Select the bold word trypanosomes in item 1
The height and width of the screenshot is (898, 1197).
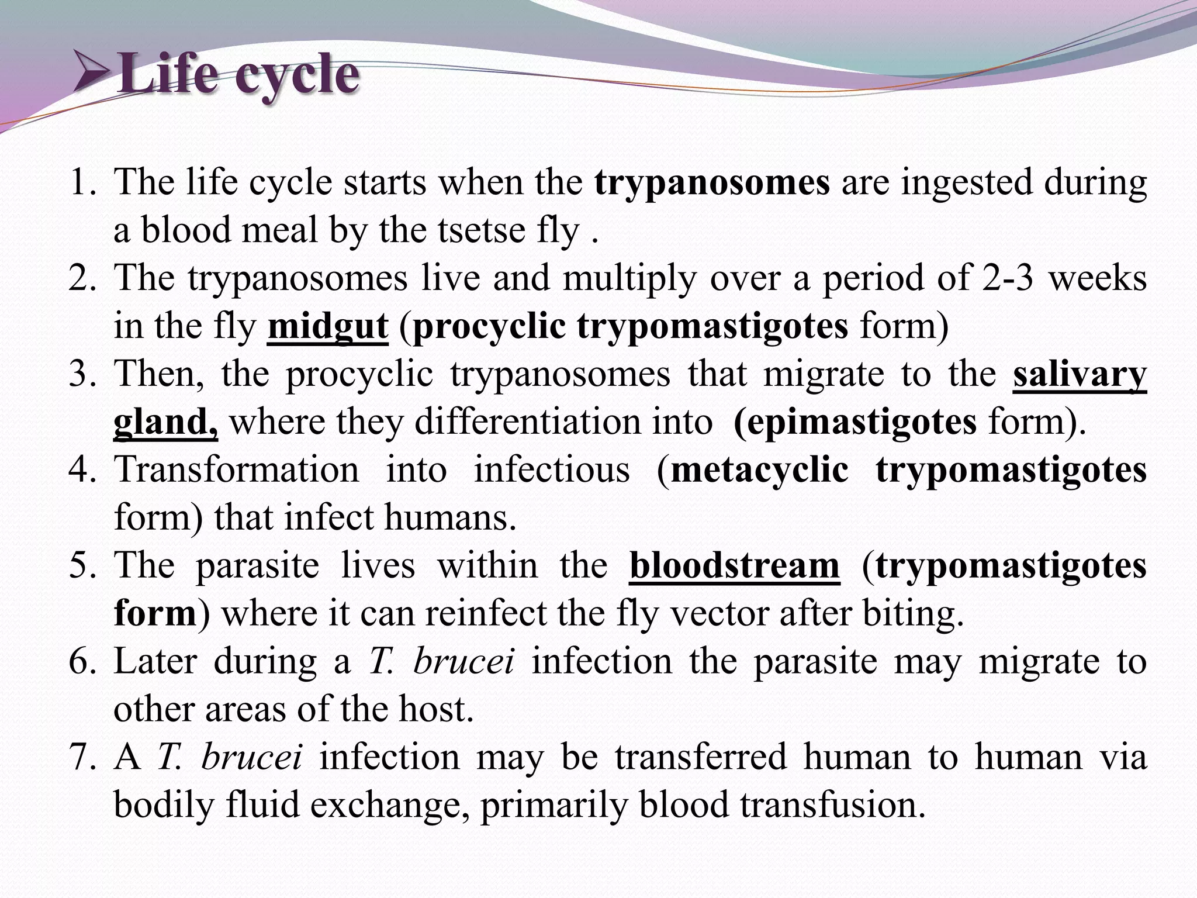712,182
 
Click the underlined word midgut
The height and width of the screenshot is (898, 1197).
327,326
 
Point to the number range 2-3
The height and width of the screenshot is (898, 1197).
1007,278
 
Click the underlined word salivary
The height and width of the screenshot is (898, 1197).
1079,374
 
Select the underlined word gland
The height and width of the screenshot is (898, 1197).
165,422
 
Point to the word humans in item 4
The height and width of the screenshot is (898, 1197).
450,518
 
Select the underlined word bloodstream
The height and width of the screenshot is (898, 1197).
734,566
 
